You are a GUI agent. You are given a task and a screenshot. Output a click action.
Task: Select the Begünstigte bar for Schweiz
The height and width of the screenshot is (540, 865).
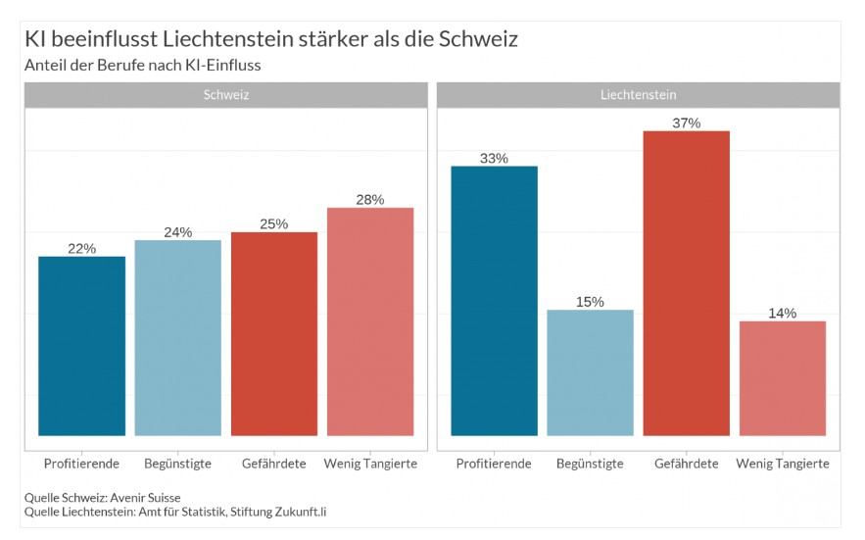177,338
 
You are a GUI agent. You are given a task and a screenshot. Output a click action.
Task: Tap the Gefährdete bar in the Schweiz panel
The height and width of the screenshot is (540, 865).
274,334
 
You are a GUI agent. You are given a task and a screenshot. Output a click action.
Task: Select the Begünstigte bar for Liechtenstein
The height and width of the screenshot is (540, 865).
590,372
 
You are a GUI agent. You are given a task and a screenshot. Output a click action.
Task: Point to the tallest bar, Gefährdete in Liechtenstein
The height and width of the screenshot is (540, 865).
686,283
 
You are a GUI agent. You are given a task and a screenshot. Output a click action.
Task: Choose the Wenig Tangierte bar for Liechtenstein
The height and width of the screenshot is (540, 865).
783,378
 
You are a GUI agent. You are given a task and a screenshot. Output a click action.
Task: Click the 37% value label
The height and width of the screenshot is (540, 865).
686,123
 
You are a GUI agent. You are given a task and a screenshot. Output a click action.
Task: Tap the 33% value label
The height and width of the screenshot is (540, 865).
494,158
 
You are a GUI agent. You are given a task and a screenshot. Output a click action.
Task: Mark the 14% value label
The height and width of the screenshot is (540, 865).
783,313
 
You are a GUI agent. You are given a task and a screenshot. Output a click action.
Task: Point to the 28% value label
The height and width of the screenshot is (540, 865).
370,199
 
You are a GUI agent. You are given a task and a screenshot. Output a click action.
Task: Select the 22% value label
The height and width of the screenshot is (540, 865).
81,248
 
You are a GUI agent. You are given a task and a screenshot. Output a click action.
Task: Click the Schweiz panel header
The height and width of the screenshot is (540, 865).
225,95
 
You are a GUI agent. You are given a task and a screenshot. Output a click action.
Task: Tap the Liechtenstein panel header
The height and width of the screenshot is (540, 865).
638,95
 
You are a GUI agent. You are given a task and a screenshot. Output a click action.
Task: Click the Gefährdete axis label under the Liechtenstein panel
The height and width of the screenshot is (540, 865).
686,463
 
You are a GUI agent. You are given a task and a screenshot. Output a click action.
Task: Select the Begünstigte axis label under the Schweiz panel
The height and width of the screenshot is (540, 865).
177,463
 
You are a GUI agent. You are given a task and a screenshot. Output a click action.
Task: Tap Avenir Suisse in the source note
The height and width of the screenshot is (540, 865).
144,498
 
